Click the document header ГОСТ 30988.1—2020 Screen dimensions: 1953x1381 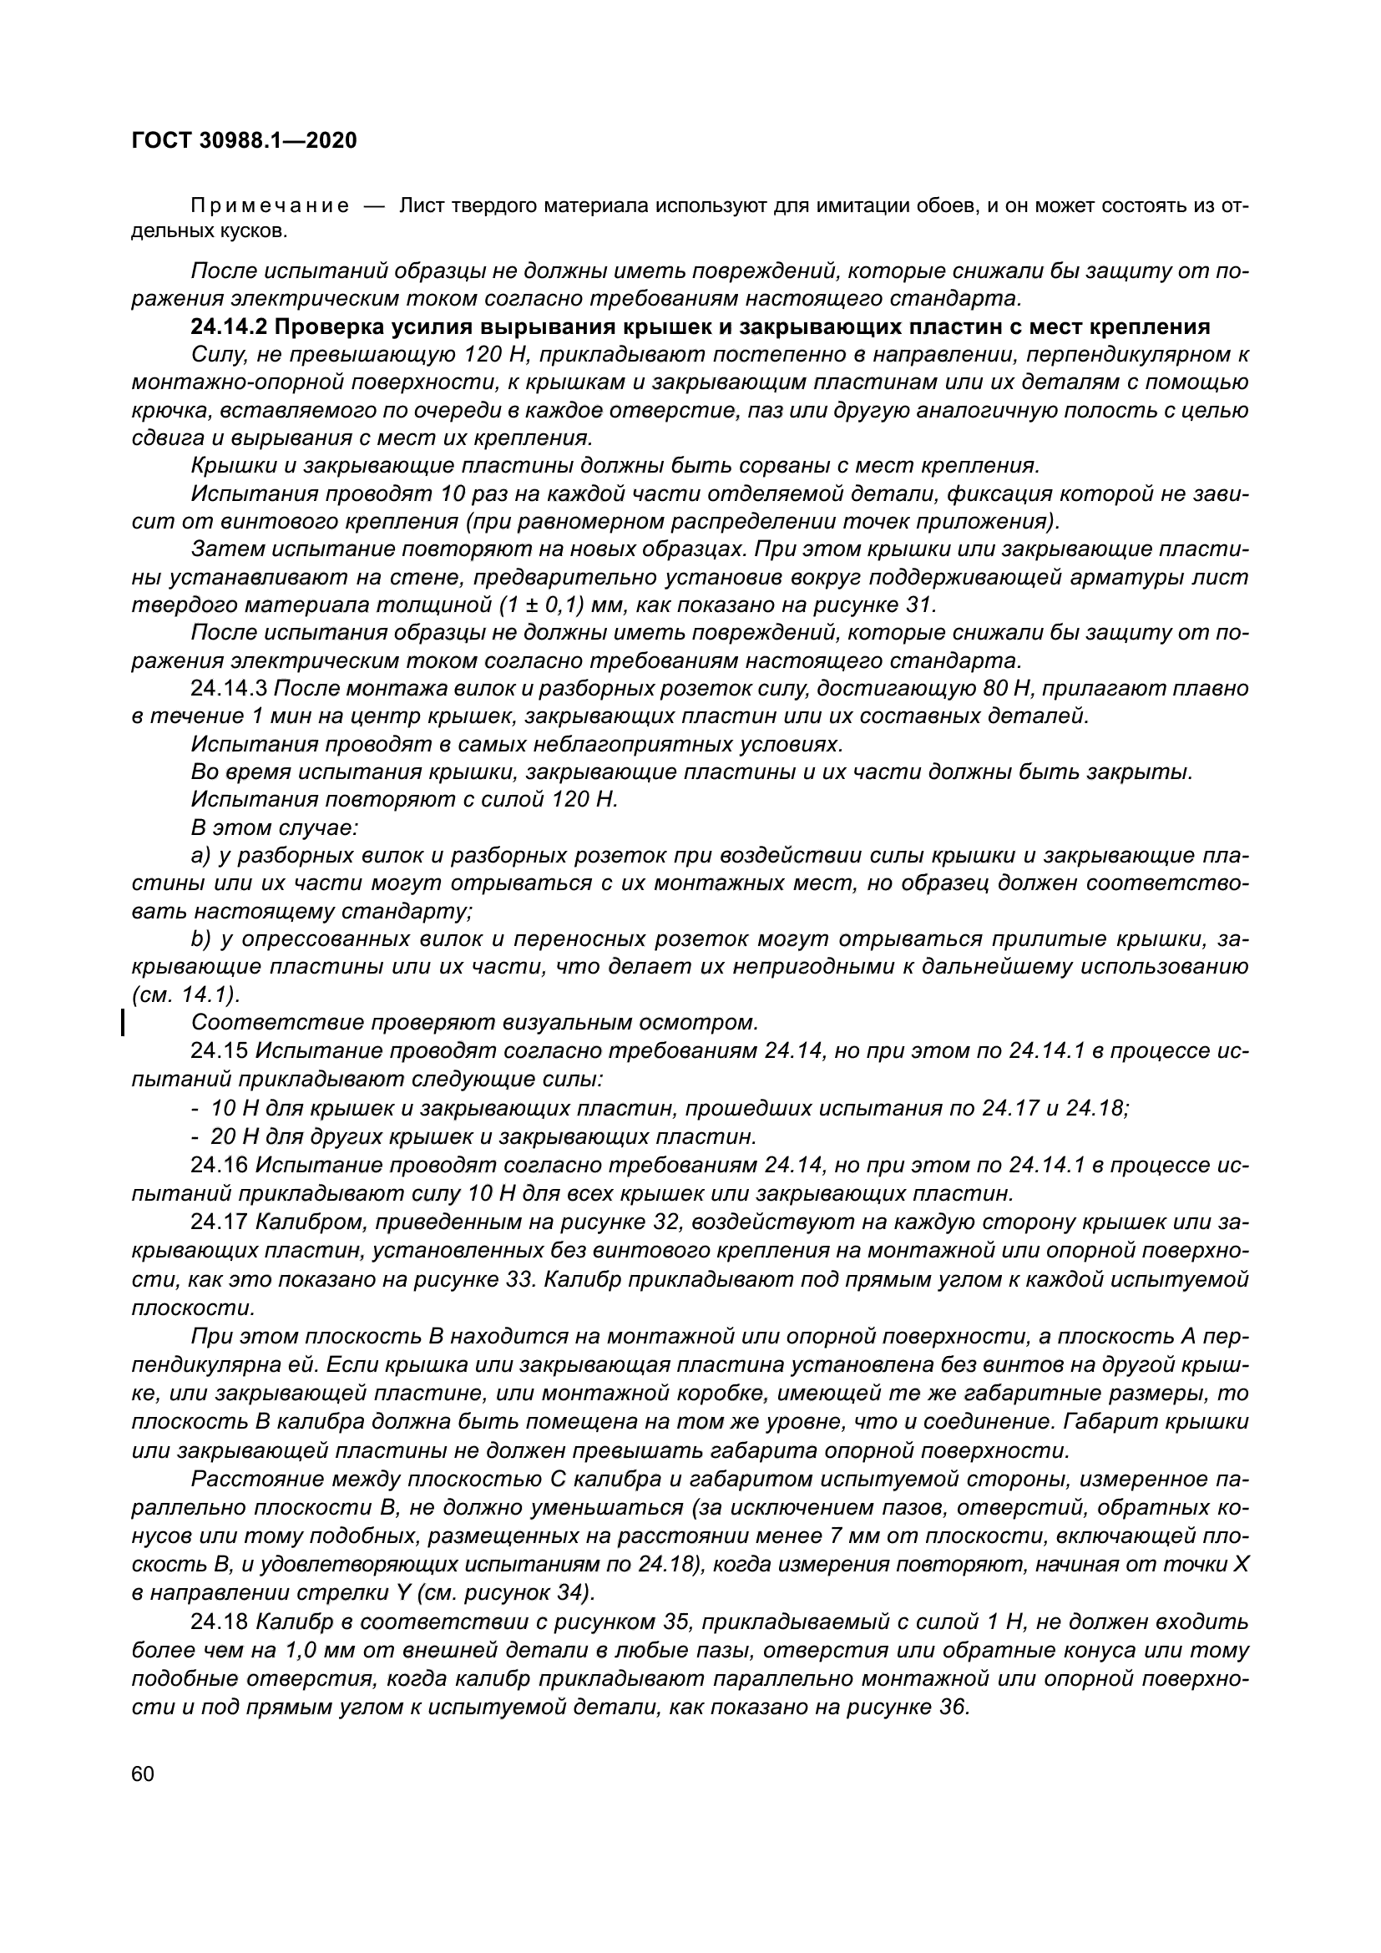pos(244,141)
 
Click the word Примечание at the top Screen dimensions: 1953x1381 pos(270,207)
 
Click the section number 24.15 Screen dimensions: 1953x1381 pos(219,1051)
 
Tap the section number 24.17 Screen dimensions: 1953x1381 pos(219,1222)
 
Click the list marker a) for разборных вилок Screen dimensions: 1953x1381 pos(200,855)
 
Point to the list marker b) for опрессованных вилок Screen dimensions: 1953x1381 pos(200,939)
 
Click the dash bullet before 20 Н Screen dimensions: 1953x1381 pos(195,1136)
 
